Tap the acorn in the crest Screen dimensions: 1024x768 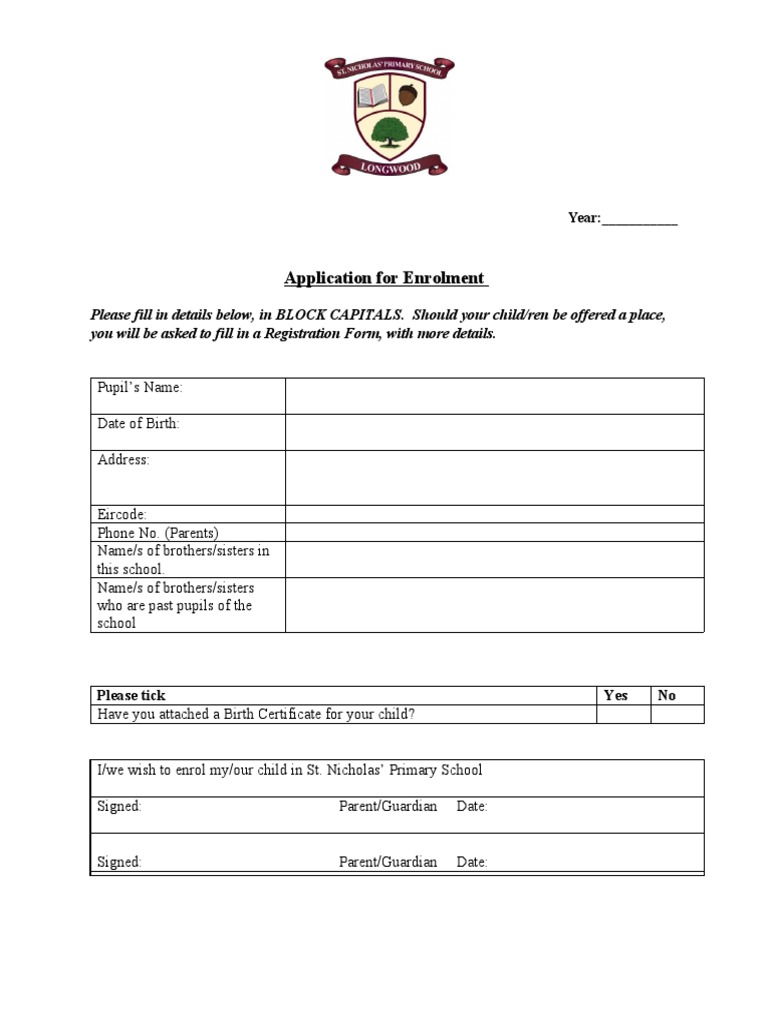(x=407, y=96)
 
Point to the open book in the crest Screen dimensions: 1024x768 (x=371, y=97)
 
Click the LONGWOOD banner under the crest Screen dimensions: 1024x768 (x=389, y=164)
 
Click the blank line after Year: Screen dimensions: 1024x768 (x=639, y=218)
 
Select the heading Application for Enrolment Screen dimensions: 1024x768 (x=386, y=278)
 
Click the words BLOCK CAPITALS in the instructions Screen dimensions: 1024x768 (x=338, y=314)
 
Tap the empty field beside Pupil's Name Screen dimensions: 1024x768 (x=494, y=396)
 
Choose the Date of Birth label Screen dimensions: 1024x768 (x=138, y=424)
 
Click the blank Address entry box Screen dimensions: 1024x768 (x=494, y=477)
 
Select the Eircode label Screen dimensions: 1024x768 (x=122, y=514)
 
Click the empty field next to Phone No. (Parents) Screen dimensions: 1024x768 (x=494, y=533)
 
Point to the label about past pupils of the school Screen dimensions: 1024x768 (x=175, y=606)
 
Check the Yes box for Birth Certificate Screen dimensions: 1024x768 (x=624, y=714)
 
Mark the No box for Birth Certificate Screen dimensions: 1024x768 (x=678, y=714)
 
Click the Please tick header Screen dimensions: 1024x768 (x=131, y=695)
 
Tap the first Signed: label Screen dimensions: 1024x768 (x=119, y=806)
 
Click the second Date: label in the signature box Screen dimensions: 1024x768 (x=472, y=862)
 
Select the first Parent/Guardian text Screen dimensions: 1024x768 (x=388, y=806)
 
